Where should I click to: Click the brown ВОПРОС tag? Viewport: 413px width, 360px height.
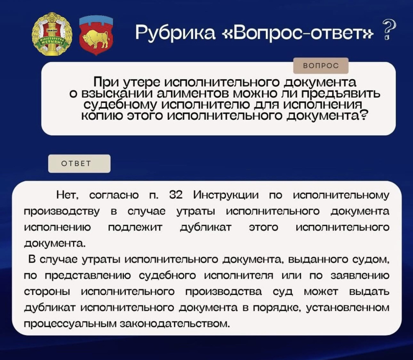pyautogui.click(x=320, y=66)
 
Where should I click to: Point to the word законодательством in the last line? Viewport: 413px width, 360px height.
pyautogui.click(x=174, y=323)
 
